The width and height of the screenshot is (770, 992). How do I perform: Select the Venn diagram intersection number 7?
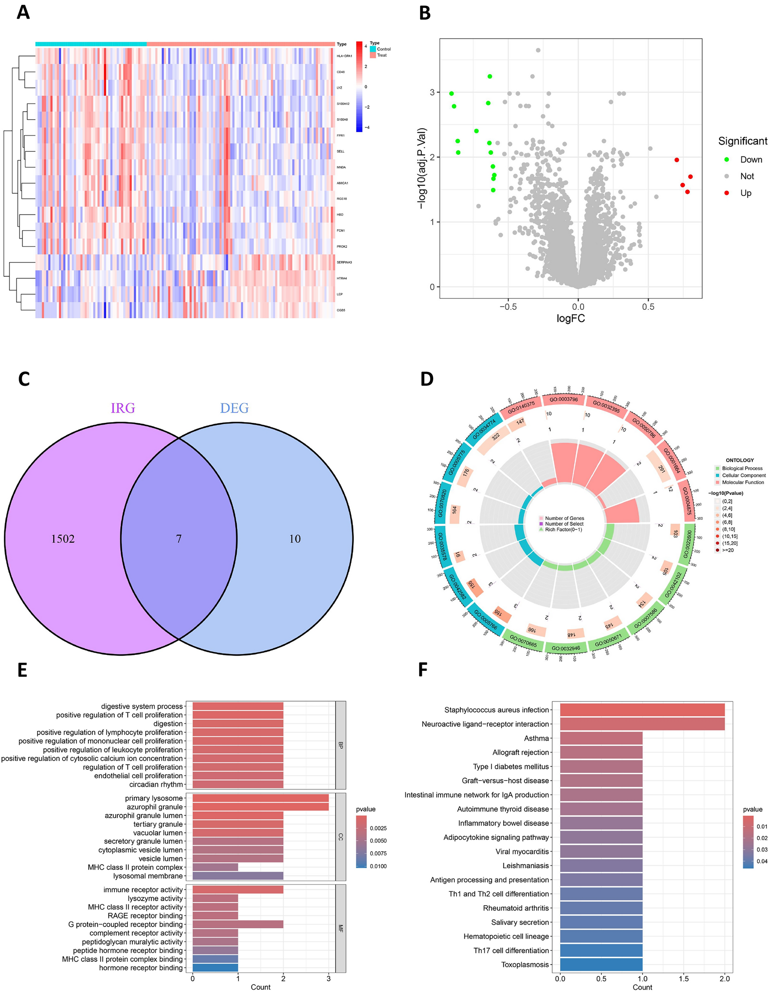point(179,539)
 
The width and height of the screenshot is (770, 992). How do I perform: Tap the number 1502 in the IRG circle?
point(63,539)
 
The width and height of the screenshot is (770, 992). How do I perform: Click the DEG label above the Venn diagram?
point(235,408)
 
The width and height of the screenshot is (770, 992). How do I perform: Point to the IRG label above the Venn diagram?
point(123,408)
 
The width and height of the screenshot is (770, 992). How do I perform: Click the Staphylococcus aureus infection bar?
point(642,710)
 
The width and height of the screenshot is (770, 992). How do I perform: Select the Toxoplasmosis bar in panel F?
point(601,964)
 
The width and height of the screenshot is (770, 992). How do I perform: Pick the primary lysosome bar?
point(260,798)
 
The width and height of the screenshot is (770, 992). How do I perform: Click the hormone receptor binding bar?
point(215,968)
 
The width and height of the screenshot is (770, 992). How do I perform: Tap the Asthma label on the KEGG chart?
point(536,738)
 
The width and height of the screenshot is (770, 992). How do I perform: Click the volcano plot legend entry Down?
point(751,159)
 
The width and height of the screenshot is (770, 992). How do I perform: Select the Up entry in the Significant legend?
point(745,193)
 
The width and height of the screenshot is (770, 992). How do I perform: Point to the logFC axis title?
point(571,319)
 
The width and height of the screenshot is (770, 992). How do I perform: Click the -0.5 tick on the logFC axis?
point(508,307)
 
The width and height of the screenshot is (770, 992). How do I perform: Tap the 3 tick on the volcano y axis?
point(432,92)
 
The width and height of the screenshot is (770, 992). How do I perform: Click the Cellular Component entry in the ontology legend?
point(744,475)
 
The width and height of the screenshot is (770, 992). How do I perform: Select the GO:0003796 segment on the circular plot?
point(564,399)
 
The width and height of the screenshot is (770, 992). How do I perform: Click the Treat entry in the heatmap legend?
point(382,55)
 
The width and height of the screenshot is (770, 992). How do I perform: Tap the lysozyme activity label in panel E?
point(155,898)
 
